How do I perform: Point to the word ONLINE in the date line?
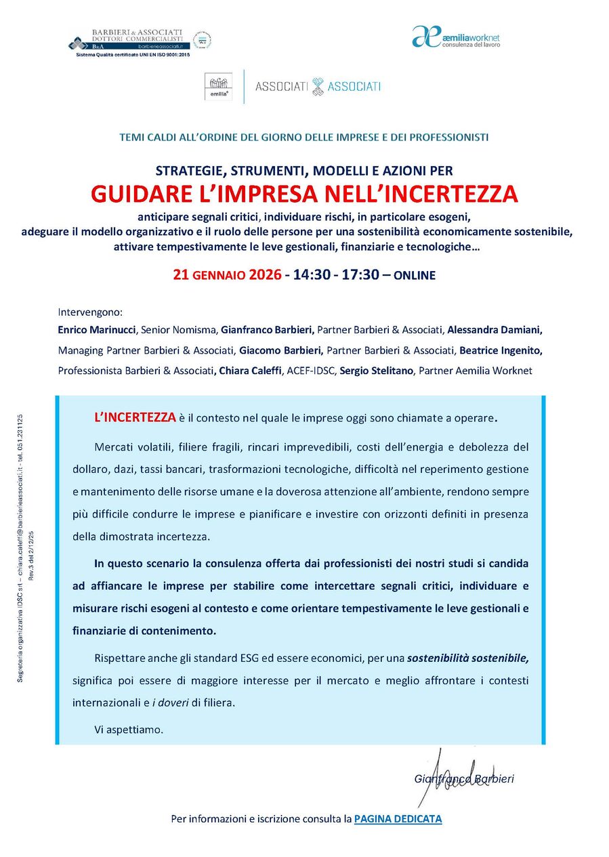tap(415, 276)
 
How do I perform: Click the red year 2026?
tap(265, 275)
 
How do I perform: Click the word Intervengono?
tap(90, 312)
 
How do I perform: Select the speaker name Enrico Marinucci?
tap(98, 330)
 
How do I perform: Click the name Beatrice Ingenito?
tap(501, 350)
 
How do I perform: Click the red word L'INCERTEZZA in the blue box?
tap(135, 417)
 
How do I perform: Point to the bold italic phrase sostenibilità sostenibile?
tap(469, 658)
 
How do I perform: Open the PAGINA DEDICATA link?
tap(398, 819)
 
